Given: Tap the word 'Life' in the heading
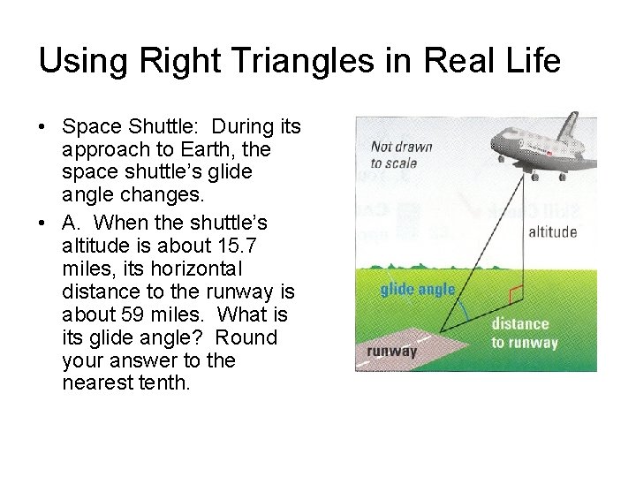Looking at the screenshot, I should pyautogui.click(x=527, y=61).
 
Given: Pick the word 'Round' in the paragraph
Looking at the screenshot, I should pyautogui.click(x=246, y=337).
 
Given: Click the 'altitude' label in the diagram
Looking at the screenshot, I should pyautogui.click(x=552, y=232).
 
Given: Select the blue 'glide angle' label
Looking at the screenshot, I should pyautogui.click(x=418, y=290).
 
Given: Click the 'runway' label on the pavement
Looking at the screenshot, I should pyautogui.click(x=391, y=351).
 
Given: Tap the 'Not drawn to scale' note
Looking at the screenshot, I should pyautogui.click(x=400, y=155).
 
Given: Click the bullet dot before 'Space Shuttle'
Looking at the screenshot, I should pyautogui.click(x=42, y=128).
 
